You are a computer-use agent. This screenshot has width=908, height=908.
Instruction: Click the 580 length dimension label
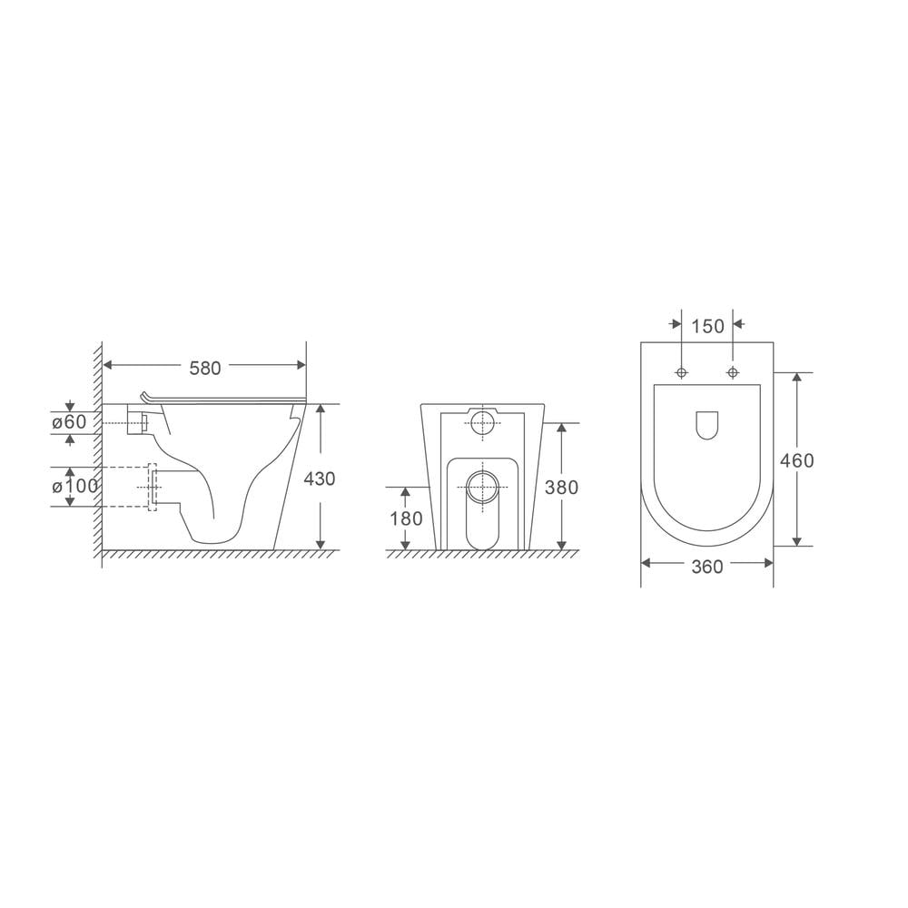(x=204, y=367)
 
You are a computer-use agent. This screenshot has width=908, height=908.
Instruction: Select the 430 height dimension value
(x=320, y=479)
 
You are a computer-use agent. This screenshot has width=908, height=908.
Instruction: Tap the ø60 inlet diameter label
(x=69, y=421)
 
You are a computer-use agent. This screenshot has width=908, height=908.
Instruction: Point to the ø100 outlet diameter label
(x=75, y=486)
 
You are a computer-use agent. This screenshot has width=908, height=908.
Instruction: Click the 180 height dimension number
(x=406, y=519)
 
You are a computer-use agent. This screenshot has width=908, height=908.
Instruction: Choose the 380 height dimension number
(x=562, y=487)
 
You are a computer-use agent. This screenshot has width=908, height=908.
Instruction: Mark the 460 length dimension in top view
(x=797, y=460)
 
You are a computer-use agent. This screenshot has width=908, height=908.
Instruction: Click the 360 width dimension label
(x=707, y=567)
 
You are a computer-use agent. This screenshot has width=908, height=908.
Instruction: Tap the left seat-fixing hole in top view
(x=681, y=372)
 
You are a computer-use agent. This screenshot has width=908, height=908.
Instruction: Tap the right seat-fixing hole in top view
(x=733, y=372)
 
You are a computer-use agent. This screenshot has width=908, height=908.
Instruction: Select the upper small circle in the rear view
(x=482, y=420)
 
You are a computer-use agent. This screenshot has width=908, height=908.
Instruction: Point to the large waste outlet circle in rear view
(x=481, y=487)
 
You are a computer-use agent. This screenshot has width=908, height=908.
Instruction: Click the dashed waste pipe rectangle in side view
(x=152, y=488)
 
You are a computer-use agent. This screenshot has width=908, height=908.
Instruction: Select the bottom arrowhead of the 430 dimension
(x=320, y=544)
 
